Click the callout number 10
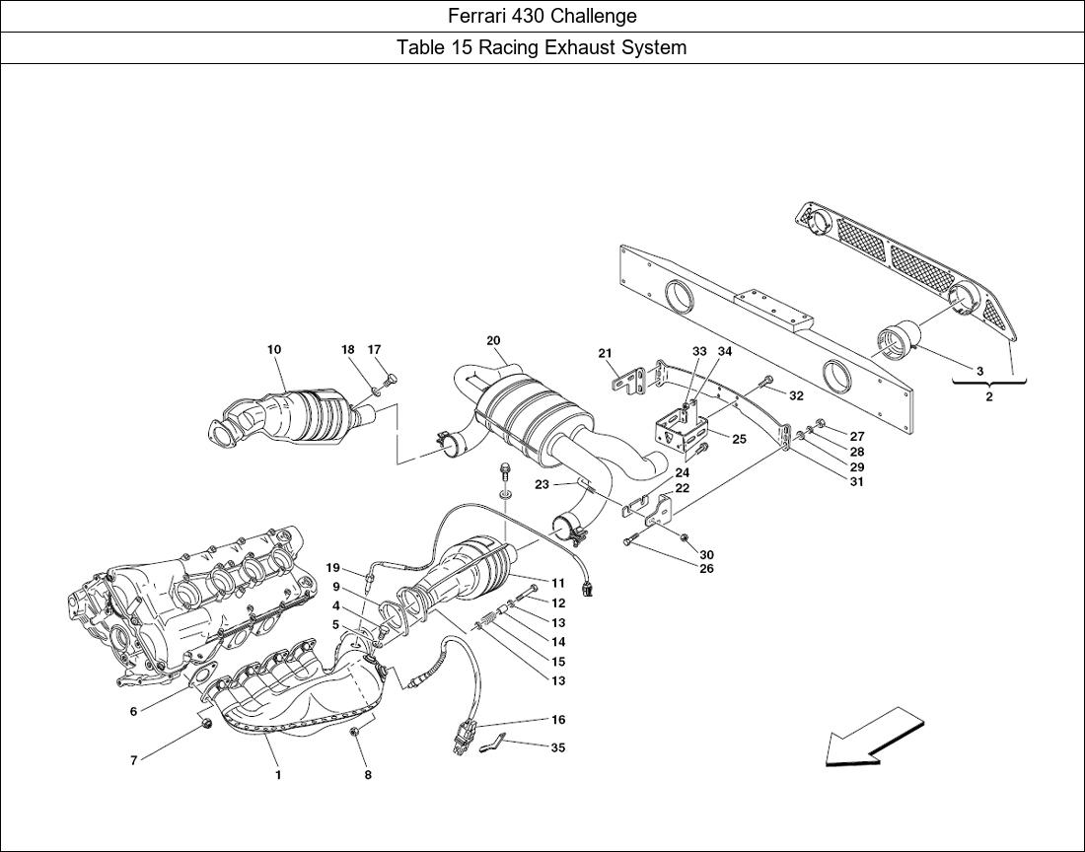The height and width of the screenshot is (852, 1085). (x=274, y=349)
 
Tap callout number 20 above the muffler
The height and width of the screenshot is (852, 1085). (x=493, y=340)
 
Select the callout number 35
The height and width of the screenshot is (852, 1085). (x=557, y=747)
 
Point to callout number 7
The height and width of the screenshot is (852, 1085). (x=133, y=760)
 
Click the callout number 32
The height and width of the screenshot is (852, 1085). (x=796, y=396)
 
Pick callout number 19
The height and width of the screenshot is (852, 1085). (x=332, y=568)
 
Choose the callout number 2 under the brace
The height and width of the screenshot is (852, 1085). (x=988, y=397)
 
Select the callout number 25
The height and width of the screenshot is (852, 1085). (x=739, y=439)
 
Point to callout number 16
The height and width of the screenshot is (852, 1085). (x=557, y=719)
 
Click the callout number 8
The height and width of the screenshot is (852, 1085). (x=368, y=775)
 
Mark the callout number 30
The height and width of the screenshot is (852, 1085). (x=706, y=554)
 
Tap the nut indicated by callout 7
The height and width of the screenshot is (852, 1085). (x=206, y=724)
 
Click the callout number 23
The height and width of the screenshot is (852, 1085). (x=542, y=485)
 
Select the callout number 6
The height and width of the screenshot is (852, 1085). (x=133, y=710)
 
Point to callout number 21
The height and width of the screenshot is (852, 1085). (x=606, y=353)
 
